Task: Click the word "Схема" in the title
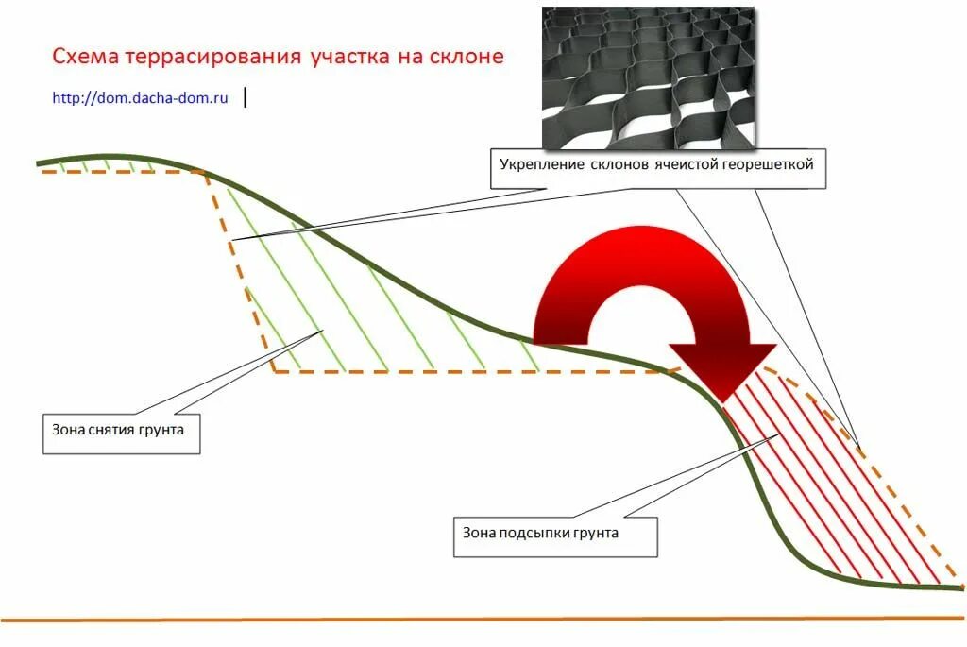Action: pos(80,57)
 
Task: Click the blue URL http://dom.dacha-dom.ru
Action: pos(141,97)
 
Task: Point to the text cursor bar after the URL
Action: pos(246,97)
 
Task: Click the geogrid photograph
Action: pos(648,77)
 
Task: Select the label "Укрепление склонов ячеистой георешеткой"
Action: pos(656,165)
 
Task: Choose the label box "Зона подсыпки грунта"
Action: pos(554,533)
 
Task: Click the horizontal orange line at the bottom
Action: pos(472,620)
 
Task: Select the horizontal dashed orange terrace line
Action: pos(472,371)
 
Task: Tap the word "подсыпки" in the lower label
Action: pos(534,533)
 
